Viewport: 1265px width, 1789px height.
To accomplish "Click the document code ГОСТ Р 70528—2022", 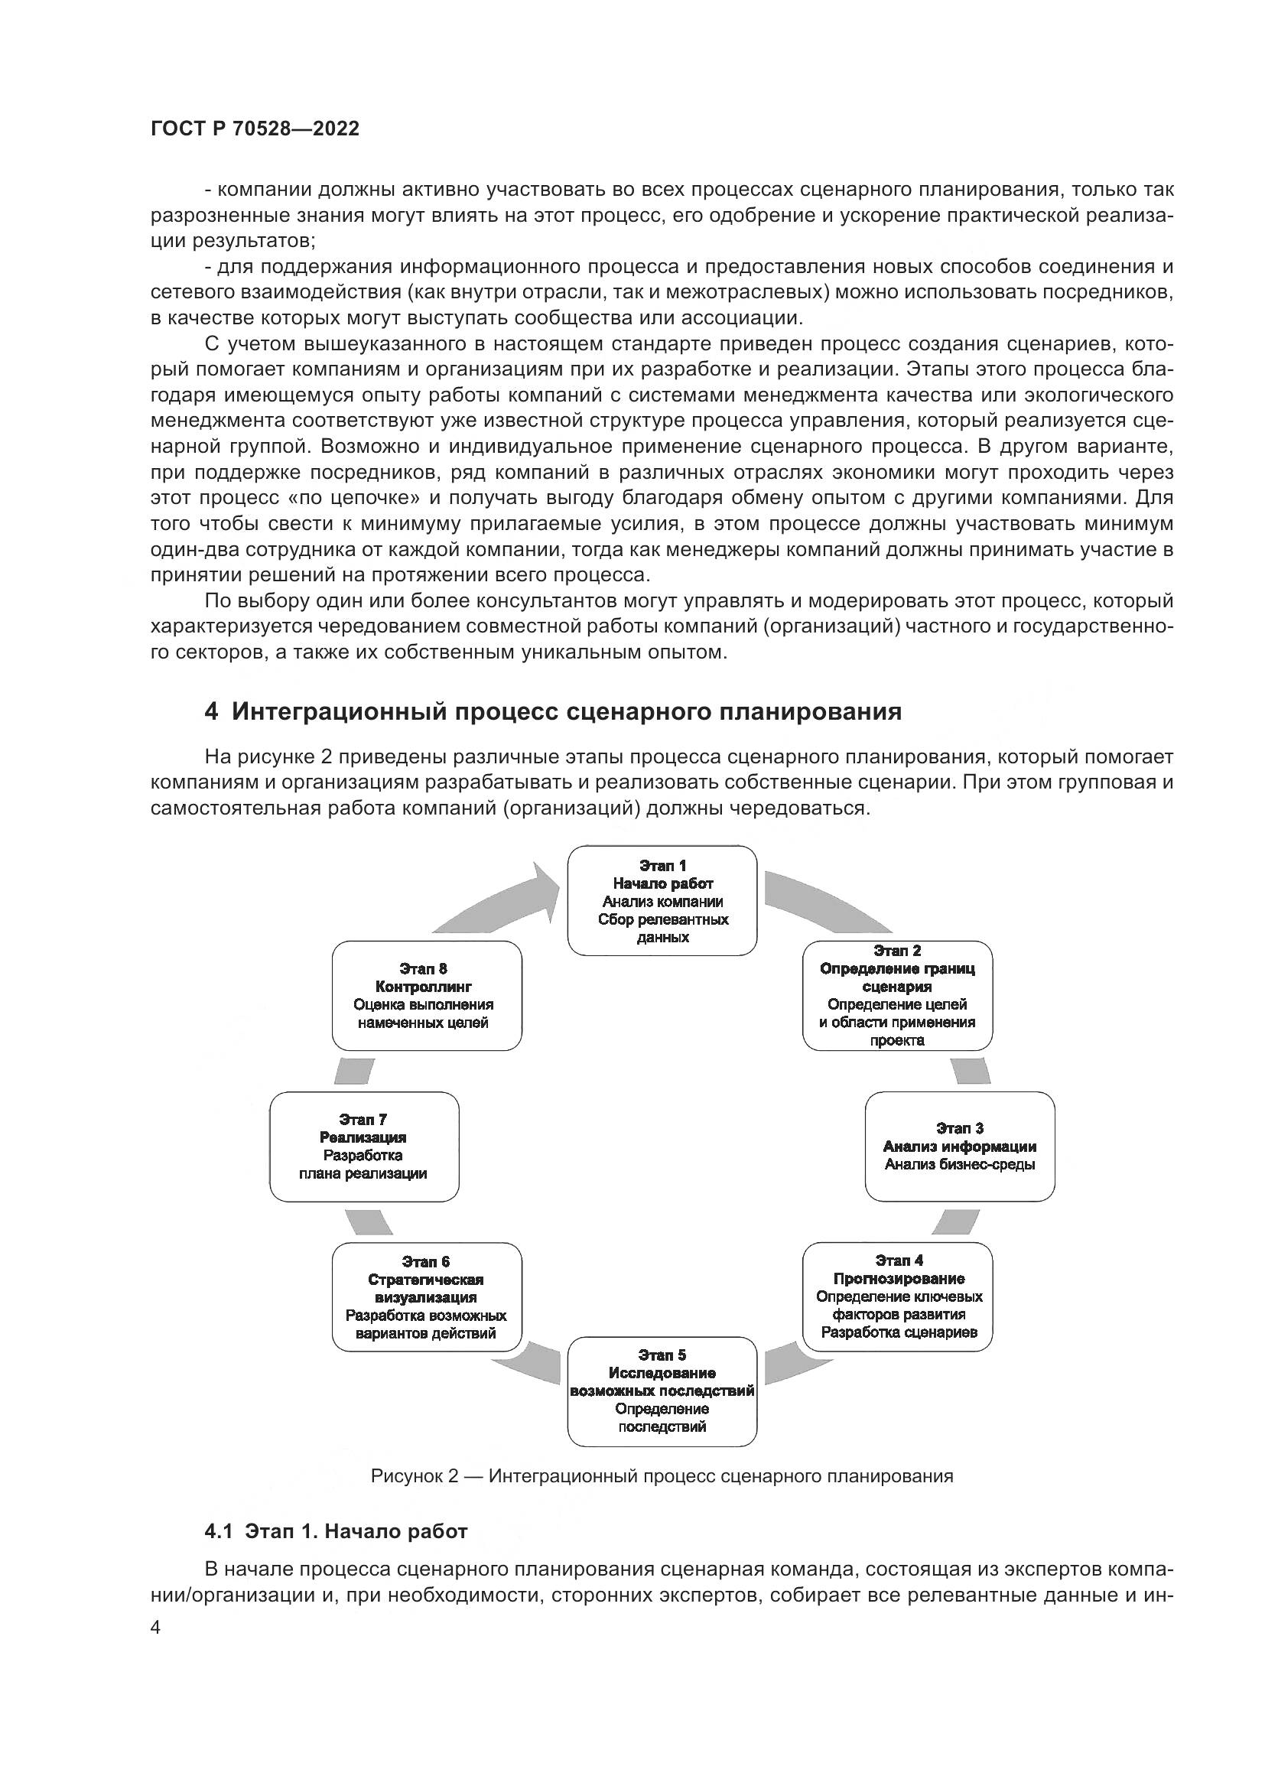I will coord(255,129).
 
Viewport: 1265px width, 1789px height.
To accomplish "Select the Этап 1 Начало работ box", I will coord(662,901).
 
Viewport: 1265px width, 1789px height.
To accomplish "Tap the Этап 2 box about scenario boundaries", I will coord(897,995).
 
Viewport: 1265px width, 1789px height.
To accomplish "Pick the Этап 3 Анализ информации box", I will coord(960,1147).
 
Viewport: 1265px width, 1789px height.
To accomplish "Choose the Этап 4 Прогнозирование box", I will coord(898,1296).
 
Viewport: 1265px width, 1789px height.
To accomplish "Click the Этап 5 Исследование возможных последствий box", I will coord(662,1391).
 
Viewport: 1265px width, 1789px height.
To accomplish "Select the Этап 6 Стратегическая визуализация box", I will coord(426,1296).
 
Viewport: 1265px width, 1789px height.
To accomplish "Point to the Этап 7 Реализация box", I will coord(364,1147).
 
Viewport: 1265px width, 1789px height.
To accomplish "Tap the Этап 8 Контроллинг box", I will coord(426,995).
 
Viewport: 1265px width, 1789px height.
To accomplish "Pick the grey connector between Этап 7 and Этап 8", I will coord(353,1072).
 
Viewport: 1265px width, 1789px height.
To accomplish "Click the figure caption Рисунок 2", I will coord(662,1475).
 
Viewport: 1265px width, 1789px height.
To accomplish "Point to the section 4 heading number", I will coord(211,711).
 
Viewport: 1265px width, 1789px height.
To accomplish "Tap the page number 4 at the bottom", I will coord(156,1628).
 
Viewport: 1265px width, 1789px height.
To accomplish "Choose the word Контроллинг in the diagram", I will coord(423,987).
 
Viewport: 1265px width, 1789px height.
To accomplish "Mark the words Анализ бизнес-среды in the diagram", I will coord(960,1165).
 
